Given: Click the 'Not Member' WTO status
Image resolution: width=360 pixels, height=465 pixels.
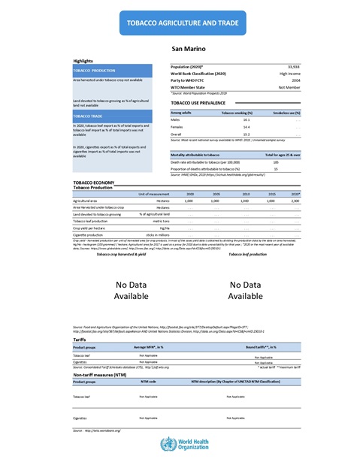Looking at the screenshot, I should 289,87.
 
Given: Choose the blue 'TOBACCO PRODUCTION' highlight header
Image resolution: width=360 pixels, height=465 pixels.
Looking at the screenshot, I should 94,70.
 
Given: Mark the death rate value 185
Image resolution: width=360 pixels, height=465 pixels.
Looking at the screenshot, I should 276,162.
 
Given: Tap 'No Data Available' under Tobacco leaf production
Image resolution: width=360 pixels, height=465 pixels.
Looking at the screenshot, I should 247,291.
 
